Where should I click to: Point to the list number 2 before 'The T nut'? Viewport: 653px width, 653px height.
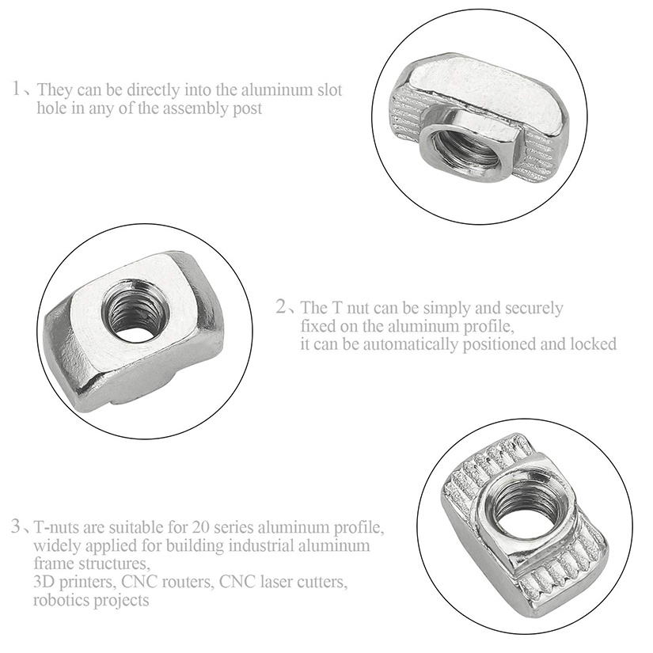(x=282, y=307)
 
